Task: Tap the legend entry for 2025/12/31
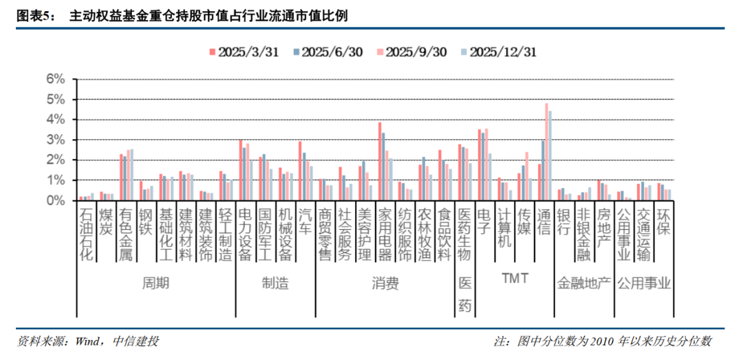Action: pyautogui.click(x=497, y=52)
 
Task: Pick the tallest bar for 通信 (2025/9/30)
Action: pyautogui.click(x=547, y=151)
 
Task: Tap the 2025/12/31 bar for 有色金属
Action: pyautogui.click(x=131, y=175)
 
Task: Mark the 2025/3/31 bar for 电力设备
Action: pyautogui.click(x=240, y=170)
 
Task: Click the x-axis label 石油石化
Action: pyautogui.click(x=86, y=233)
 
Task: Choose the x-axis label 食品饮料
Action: pyautogui.click(x=444, y=233)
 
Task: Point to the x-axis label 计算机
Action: pyautogui.click(x=504, y=227)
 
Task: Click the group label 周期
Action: pyautogui.click(x=155, y=284)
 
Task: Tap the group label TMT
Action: pyautogui.click(x=514, y=279)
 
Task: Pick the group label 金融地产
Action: pyautogui.click(x=584, y=284)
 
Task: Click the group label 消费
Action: pyautogui.click(x=385, y=284)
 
